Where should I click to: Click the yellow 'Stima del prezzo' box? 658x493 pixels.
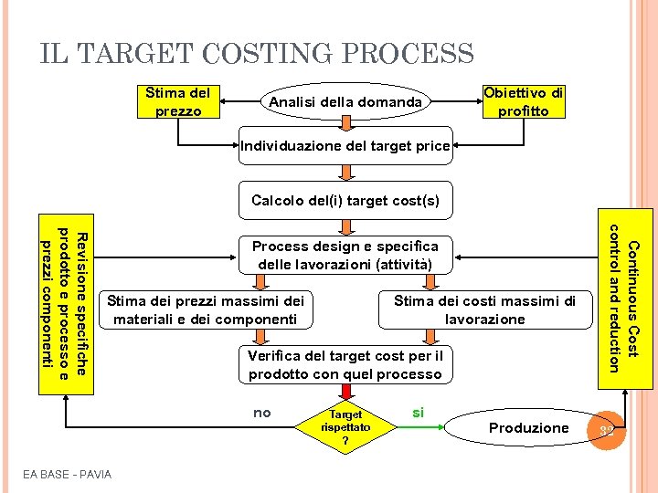pos(177,101)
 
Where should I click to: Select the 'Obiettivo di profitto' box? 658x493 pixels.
pos(524,101)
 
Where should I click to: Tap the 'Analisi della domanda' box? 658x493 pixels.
pos(345,102)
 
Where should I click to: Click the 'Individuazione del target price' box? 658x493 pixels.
pos(345,145)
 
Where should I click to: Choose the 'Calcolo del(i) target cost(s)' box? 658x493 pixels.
pos(345,201)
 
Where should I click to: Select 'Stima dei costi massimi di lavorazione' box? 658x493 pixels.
pos(484,309)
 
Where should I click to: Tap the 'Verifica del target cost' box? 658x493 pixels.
pos(345,364)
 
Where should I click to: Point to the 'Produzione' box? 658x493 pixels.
pos(528,427)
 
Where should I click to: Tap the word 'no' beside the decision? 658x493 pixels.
pos(262,413)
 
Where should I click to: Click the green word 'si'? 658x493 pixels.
pos(418,413)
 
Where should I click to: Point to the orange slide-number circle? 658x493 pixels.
pos(606,428)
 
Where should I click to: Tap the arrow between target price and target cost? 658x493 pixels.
pos(345,173)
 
